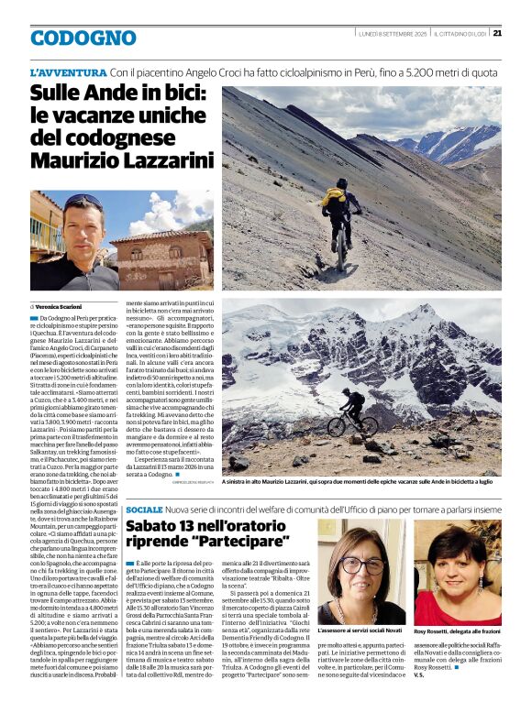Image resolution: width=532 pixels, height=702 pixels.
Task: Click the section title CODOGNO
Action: [x=83, y=38]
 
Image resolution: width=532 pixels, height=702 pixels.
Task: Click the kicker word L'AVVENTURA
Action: [x=67, y=71]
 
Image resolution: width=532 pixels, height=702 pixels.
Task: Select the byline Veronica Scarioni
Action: [x=61, y=305]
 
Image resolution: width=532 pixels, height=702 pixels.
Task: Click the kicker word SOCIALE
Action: [x=144, y=510]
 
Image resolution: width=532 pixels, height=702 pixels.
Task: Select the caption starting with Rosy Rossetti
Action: [x=457, y=632]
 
